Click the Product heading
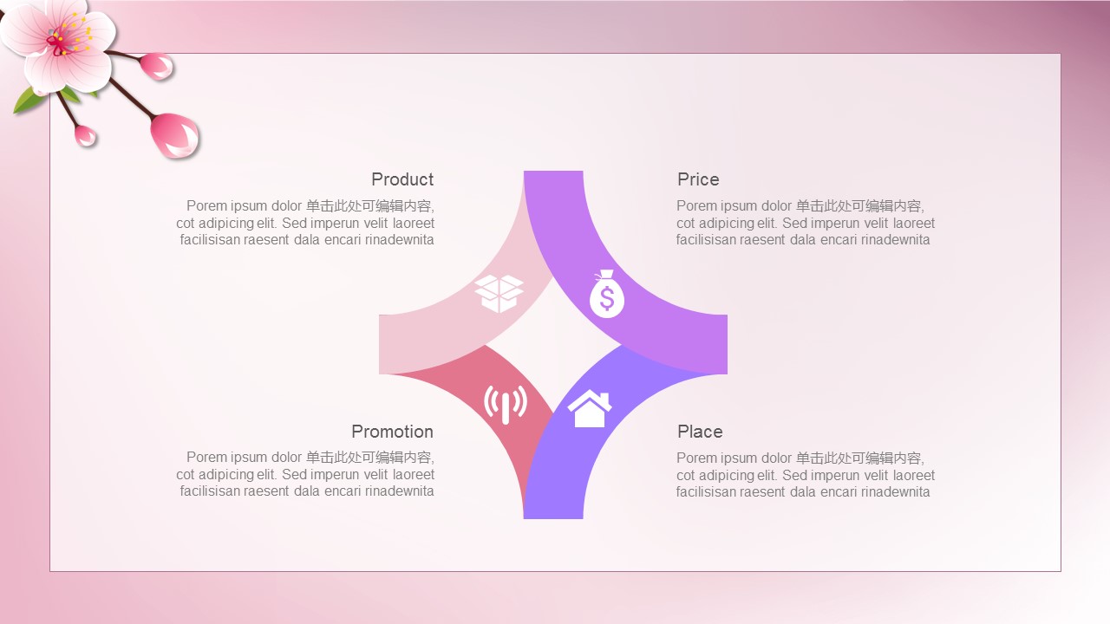tap(402, 179)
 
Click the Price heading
tap(698, 179)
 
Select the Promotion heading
tap(393, 432)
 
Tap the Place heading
tap(700, 432)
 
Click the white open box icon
tap(499, 294)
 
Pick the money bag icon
tap(606, 294)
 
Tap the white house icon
tap(590, 408)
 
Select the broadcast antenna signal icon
tap(506, 405)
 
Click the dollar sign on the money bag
tap(606, 299)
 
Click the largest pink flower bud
tap(175, 135)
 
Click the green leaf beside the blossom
tap(29, 100)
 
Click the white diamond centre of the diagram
tap(553, 345)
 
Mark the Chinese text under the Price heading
tap(860, 206)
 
